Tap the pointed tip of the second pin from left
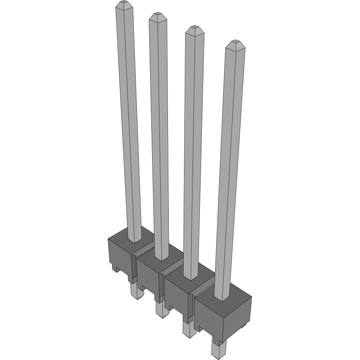[157, 17]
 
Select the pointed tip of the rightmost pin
[234, 43]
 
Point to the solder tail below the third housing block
[188, 329]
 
